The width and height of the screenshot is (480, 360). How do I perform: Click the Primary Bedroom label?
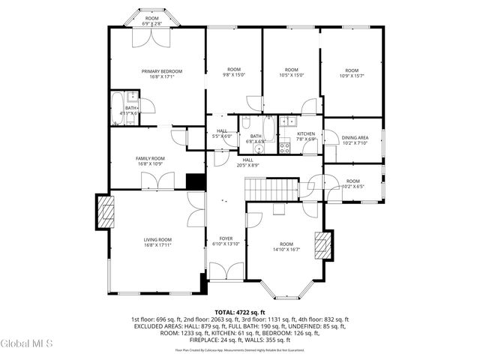161,72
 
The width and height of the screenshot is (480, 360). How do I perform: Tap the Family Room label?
150,159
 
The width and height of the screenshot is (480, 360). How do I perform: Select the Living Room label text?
158,240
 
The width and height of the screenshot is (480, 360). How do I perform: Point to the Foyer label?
225,239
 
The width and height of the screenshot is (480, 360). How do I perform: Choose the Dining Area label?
355,138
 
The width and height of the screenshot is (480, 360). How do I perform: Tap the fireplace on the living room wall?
104,211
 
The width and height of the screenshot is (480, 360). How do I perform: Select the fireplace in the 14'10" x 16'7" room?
323,246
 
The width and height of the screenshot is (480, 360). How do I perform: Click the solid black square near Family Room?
195,182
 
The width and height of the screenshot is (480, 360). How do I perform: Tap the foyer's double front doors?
225,271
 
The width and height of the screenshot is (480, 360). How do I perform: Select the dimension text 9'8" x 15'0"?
234,74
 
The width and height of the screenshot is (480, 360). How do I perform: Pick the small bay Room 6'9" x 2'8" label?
152,21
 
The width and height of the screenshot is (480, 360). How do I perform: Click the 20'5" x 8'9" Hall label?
247,162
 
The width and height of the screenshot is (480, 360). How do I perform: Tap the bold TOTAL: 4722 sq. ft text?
240,312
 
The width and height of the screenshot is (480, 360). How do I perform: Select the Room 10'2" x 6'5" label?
352,183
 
